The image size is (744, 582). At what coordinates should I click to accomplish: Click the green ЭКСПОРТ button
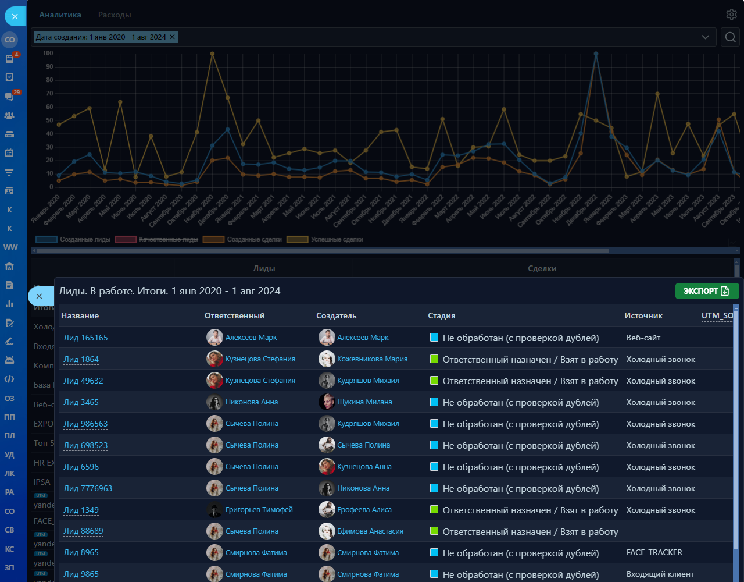pyautogui.click(x=707, y=291)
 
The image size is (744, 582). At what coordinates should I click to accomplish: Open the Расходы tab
pyautogui.click(x=115, y=15)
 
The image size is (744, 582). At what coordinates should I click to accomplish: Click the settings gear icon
pyautogui.click(x=731, y=15)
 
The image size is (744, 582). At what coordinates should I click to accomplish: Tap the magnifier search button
pyautogui.click(x=730, y=37)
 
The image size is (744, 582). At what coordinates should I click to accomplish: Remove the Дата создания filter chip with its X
pyautogui.click(x=173, y=37)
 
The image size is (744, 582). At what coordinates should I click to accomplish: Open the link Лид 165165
pyautogui.click(x=85, y=338)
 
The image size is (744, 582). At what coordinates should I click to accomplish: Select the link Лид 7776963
pyautogui.click(x=88, y=488)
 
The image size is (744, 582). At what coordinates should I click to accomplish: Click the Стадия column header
pyautogui.click(x=442, y=315)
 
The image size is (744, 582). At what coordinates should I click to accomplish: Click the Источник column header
pyautogui.click(x=643, y=315)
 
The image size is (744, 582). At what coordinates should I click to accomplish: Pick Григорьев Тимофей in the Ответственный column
pyautogui.click(x=259, y=510)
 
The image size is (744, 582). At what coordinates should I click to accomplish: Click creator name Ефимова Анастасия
pyautogui.click(x=370, y=531)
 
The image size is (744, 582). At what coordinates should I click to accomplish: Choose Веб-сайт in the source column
pyautogui.click(x=643, y=338)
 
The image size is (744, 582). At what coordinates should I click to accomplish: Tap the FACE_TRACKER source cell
pyautogui.click(x=654, y=552)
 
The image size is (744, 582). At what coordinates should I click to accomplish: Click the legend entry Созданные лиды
pyautogui.click(x=84, y=239)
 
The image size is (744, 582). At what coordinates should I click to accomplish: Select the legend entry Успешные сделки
pyautogui.click(x=337, y=239)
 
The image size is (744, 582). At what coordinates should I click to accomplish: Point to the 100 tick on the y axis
pyautogui.click(x=48, y=54)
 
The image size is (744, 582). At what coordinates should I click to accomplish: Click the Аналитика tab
pyautogui.click(x=60, y=15)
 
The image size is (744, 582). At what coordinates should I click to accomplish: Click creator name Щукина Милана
pyautogui.click(x=364, y=402)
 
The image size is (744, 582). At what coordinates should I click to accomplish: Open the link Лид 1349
pyautogui.click(x=81, y=510)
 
